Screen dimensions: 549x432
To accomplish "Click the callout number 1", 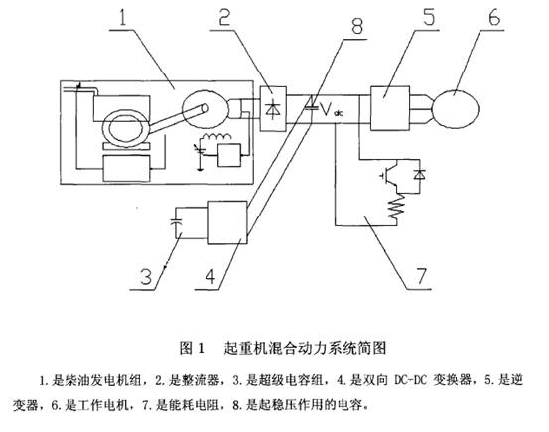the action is tap(123, 16).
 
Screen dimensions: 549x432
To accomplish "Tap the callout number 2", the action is tap(224, 16).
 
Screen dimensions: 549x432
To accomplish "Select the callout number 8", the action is tap(356, 26).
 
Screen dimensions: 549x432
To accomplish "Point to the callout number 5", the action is tap(428, 16).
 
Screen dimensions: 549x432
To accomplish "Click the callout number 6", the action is tap(494, 16).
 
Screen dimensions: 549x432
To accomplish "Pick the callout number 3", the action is tap(146, 276).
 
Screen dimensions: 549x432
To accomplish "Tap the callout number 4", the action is tap(210, 277).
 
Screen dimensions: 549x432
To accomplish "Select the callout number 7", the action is tap(422, 276).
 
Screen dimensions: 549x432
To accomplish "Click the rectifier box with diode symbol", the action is tap(273, 108).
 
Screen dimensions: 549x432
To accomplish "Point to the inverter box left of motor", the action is tap(390, 108).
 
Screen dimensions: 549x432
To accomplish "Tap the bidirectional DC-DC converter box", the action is tap(227, 222).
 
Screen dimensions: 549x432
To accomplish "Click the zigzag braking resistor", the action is tap(396, 207).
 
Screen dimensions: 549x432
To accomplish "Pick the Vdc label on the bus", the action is tap(332, 110).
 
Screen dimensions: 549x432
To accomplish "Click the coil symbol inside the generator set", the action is tap(217, 137).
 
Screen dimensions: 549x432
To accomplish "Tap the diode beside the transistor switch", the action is tap(419, 174).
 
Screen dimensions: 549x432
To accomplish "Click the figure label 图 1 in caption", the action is tap(192, 348).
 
